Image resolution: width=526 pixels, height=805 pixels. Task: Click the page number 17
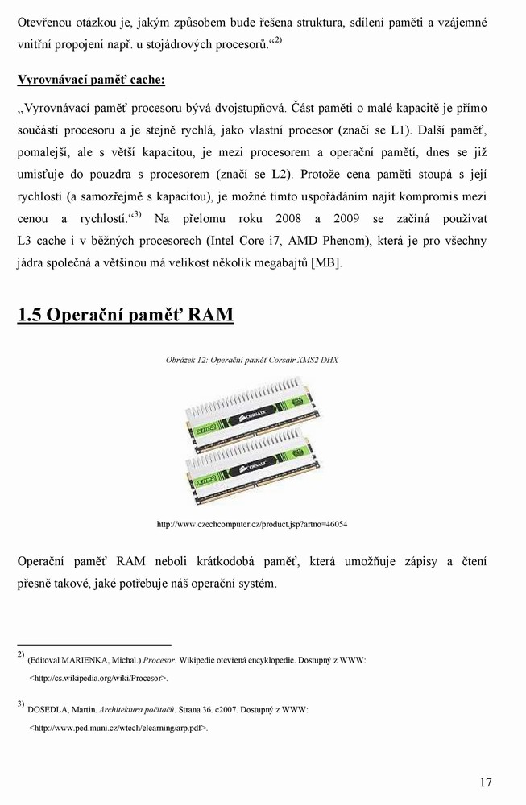point(485,782)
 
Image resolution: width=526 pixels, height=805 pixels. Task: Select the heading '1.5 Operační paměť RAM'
point(126,315)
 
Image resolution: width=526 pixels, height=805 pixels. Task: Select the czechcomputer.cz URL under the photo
point(252,524)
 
